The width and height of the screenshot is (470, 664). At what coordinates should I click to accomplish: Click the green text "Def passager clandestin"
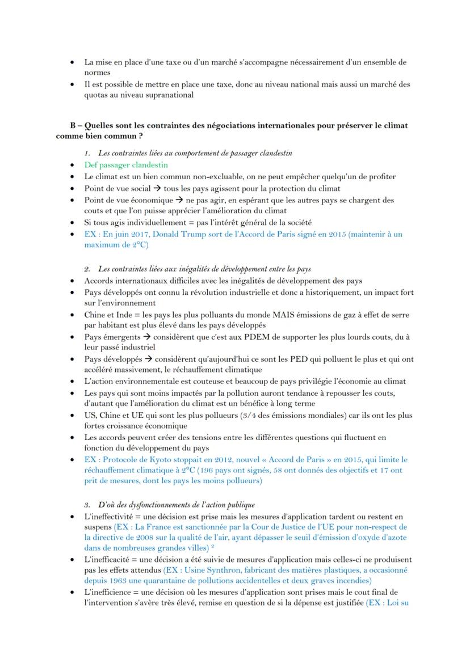[x=125, y=165]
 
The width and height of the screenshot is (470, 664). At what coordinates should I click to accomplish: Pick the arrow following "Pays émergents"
[x=147, y=337]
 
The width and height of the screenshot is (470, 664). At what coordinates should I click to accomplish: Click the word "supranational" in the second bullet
[x=168, y=95]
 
